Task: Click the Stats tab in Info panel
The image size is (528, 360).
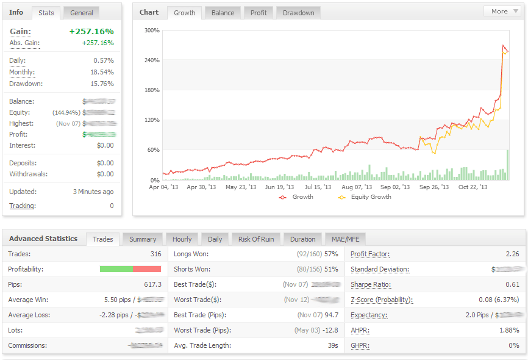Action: (x=46, y=13)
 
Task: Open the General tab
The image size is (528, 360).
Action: (x=82, y=13)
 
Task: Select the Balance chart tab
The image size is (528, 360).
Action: (x=223, y=13)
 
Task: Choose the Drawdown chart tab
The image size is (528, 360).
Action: (x=298, y=13)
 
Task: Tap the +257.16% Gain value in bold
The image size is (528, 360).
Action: (x=91, y=31)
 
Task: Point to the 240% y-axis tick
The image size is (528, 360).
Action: (x=152, y=60)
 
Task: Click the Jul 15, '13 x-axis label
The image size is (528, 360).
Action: (x=318, y=187)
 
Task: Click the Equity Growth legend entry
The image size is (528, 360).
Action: (x=366, y=197)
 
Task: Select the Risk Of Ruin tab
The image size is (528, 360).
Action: (x=256, y=239)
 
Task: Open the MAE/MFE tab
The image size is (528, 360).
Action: (x=344, y=239)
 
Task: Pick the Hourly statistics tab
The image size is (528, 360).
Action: (x=182, y=239)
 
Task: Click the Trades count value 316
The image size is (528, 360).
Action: (x=155, y=254)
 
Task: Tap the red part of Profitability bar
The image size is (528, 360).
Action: (x=147, y=269)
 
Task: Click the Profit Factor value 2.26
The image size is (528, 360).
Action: (x=512, y=254)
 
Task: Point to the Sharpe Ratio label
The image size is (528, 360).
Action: (x=371, y=284)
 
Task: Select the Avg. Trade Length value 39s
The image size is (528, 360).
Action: (x=332, y=346)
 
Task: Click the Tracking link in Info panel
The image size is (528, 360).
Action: (x=22, y=206)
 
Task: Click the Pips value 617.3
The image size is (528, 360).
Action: (x=152, y=284)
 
